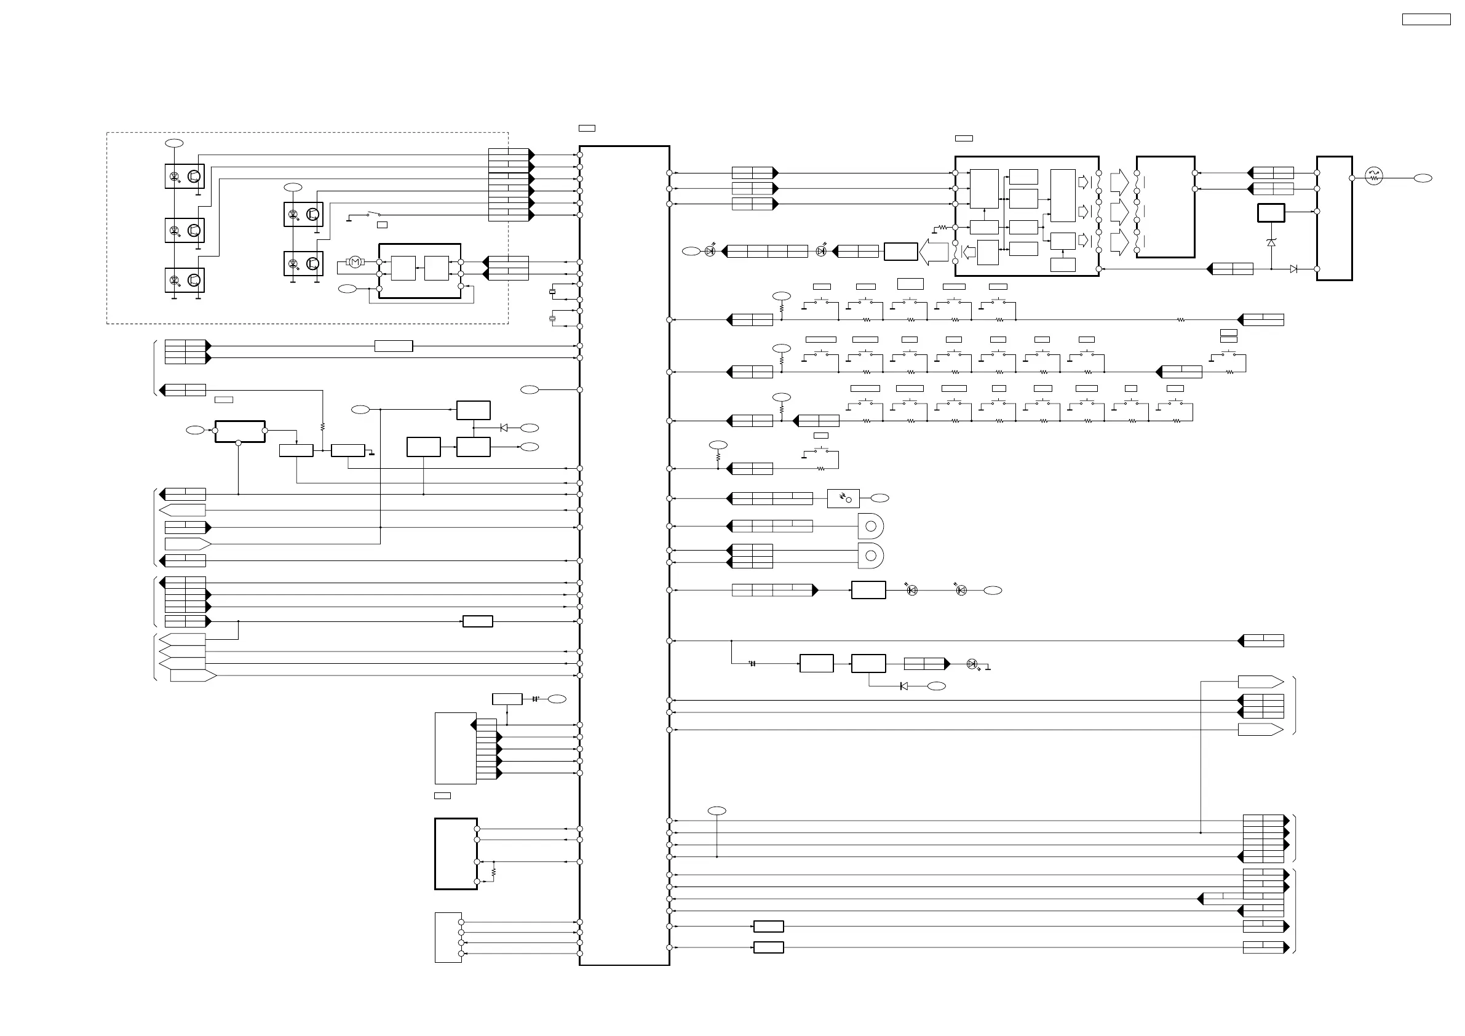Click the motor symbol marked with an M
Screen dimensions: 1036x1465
click(355, 261)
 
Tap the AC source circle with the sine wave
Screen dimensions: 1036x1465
click(1373, 176)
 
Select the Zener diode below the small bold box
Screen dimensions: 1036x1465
click(1271, 242)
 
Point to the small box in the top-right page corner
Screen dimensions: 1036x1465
click(1426, 20)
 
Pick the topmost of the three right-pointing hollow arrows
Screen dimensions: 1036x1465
click(1119, 181)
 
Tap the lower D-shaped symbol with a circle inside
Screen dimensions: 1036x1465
click(870, 556)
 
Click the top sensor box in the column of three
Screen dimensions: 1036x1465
click(185, 176)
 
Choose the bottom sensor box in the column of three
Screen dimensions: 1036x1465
click(185, 280)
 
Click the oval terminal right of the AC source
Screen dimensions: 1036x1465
click(1423, 178)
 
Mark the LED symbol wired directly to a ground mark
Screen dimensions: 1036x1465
click(972, 664)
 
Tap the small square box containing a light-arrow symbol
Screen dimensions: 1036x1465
click(843, 498)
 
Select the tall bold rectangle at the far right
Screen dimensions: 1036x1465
click(1334, 218)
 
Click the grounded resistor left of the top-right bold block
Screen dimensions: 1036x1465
click(942, 226)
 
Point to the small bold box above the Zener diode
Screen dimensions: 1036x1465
click(1271, 213)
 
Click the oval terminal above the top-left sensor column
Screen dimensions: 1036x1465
click(174, 143)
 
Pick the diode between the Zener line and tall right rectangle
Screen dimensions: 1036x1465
click(1293, 269)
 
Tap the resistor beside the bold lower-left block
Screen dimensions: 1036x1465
click(494, 871)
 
